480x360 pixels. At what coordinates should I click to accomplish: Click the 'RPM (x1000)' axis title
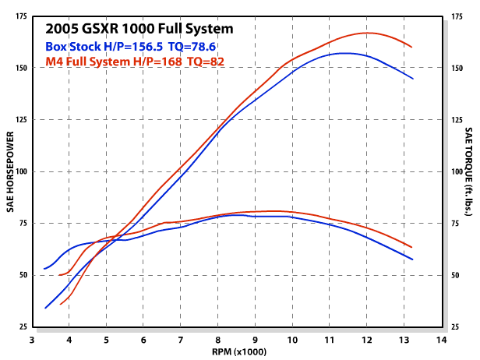tap(238, 352)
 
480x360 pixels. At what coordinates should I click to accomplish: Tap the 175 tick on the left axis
tap(21, 16)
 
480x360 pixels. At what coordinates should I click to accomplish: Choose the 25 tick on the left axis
tap(23, 327)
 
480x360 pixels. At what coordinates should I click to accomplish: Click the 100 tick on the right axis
tap(457, 171)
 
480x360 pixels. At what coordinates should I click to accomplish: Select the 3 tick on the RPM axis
tap(32, 340)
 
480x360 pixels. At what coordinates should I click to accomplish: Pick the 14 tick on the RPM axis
tap(442, 340)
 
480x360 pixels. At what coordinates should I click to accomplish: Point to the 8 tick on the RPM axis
tap(218, 340)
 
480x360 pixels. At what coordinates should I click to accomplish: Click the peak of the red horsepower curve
tap(368, 33)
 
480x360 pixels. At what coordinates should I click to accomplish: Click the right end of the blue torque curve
tap(412, 259)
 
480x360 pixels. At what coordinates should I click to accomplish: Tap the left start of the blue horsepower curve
tap(45, 308)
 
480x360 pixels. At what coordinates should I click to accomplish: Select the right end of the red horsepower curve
tap(412, 48)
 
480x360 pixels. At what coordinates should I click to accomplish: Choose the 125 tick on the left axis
tap(21, 119)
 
